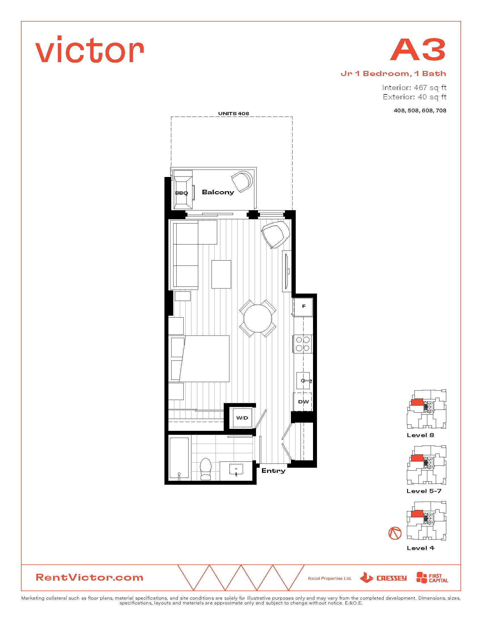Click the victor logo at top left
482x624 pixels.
[89, 49]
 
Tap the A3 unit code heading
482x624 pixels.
[418, 49]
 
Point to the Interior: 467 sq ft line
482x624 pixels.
[414, 87]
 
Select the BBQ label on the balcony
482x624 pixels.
[182, 193]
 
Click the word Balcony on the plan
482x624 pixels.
[218, 192]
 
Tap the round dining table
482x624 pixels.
[257, 318]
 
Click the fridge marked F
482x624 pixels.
[303, 307]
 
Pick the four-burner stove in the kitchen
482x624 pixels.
[303, 344]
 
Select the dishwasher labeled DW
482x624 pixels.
[303, 402]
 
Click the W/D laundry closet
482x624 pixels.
[242, 418]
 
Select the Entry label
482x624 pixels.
[273, 471]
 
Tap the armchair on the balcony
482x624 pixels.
[242, 182]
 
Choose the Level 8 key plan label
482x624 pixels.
[420, 435]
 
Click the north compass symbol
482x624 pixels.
[395, 533]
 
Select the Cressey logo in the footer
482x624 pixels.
[383, 577]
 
